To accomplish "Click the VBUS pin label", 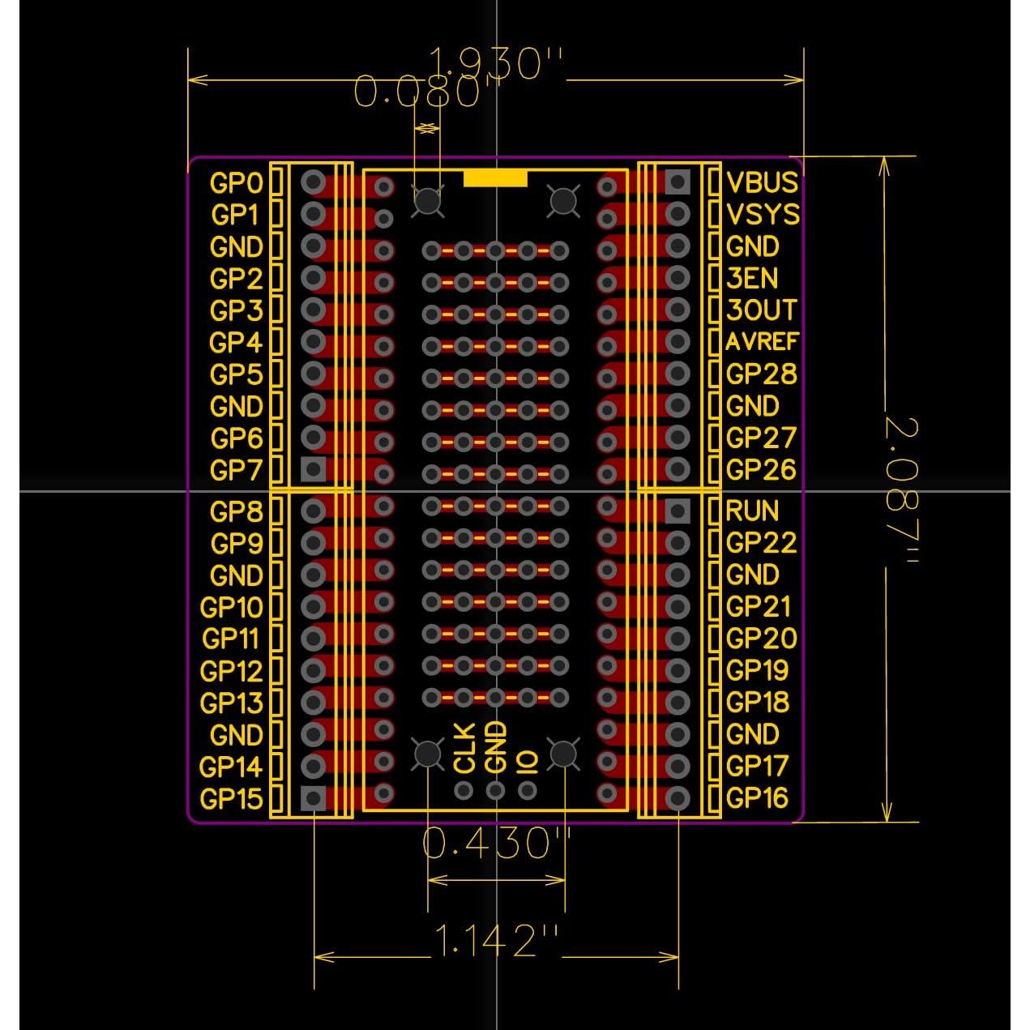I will (x=762, y=182).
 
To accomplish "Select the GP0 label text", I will (x=236, y=183).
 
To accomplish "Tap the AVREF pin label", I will (x=762, y=342).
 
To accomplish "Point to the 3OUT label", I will (x=761, y=310).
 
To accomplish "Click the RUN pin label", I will (x=752, y=511).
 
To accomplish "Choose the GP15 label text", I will (x=231, y=799).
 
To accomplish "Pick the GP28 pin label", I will (x=761, y=374).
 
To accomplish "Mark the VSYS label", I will (x=763, y=215).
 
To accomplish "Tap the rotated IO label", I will (x=528, y=763).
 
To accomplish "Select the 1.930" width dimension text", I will (x=495, y=63).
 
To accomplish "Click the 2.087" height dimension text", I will (x=900, y=491).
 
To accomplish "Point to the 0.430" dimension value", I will (x=496, y=844).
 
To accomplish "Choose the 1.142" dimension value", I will (x=496, y=940).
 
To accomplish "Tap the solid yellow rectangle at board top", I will (x=495, y=178).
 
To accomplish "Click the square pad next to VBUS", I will (x=677, y=182).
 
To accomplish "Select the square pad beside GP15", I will (x=313, y=798).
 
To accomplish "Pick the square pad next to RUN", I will (x=677, y=510).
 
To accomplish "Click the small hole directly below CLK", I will (x=464, y=790).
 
